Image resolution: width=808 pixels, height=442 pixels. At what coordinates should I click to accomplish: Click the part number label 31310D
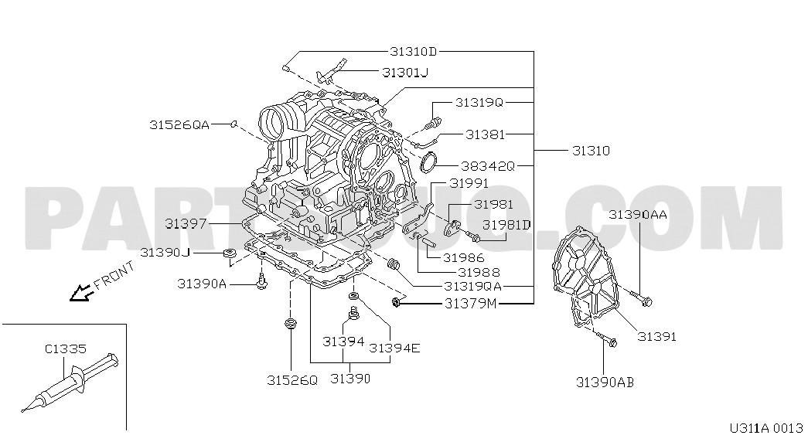(413, 52)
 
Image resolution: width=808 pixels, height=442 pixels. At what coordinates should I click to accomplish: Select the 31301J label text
(405, 72)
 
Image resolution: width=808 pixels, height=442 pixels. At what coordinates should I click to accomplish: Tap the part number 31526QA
(180, 124)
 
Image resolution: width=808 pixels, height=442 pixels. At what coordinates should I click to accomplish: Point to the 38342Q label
(487, 166)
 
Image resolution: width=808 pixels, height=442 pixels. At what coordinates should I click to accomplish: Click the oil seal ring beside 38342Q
(428, 162)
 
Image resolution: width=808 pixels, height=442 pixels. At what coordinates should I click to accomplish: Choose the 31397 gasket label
(186, 223)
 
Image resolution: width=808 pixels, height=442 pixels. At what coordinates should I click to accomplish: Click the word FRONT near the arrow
(114, 275)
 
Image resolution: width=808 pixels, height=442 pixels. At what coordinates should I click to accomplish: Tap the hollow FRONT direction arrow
(80, 293)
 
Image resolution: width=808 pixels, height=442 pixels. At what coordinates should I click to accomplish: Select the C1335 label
(66, 349)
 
